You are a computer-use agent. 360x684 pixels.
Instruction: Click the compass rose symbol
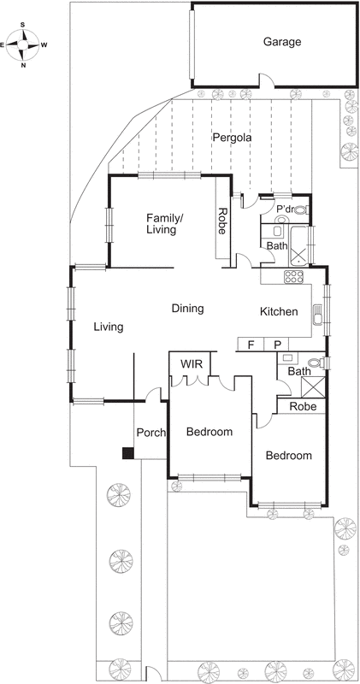pyautogui.click(x=24, y=42)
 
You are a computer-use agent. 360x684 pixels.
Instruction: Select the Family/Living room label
pyautogui.click(x=165, y=223)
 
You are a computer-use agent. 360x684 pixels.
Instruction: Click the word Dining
pyautogui.click(x=186, y=309)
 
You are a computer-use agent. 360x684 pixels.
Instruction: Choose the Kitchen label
pyautogui.click(x=279, y=312)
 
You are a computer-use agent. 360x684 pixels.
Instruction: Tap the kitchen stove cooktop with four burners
pyautogui.click(x=293, y=276)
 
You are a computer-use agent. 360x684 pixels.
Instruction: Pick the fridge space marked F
pyautogui.click(x=251, y=345)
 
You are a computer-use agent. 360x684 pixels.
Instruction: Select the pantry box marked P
pyautogui.click(x=277, y=345)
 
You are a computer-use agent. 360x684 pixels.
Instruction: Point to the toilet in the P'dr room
pyautogui.click(x=300, y=209)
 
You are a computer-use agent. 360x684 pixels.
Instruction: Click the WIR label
pyautogui.click(x=190, y=364)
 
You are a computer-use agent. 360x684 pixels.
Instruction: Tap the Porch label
pyautogui.click(x=150, y=432)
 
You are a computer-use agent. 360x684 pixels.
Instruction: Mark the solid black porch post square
pyautogui.click(x=127, y=453)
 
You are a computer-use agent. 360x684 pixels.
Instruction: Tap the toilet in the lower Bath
pyautogui.click(x=318, y=363)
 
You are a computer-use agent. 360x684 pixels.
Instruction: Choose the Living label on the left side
pyautogui.click(x=109, y=327)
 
